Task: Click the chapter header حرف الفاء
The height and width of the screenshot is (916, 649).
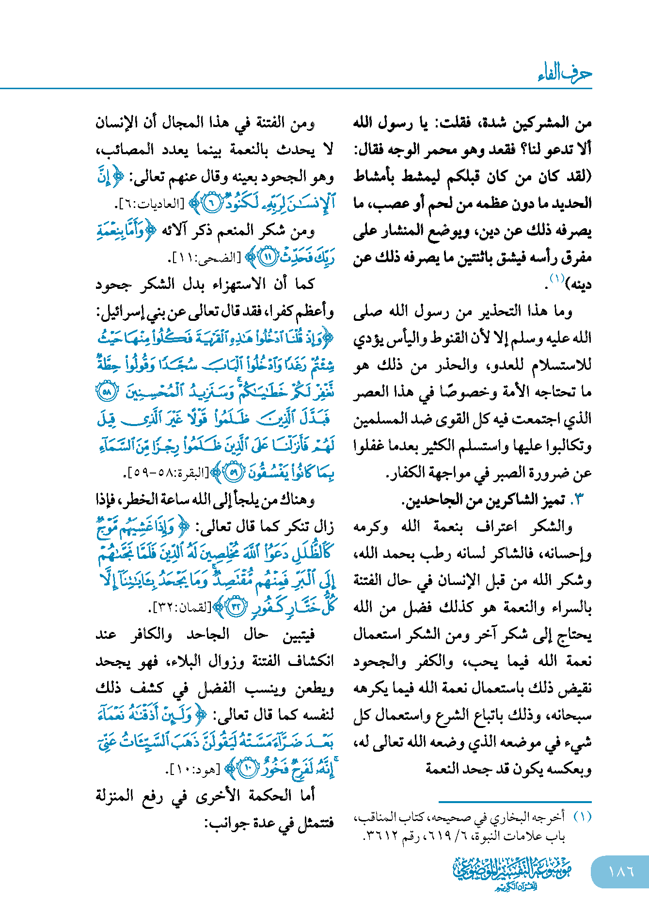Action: click(x=565, y=73)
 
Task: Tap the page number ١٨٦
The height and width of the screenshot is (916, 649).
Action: click(x=621, y=871)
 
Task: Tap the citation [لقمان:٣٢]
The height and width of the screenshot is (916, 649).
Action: click(x=181, y=607)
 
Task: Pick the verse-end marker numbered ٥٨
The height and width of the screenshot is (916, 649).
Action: click(x=107, y=392)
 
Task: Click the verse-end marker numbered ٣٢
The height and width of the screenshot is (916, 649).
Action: click(x=237, y=607)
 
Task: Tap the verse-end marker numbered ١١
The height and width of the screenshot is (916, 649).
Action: click(x=268, y=257)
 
